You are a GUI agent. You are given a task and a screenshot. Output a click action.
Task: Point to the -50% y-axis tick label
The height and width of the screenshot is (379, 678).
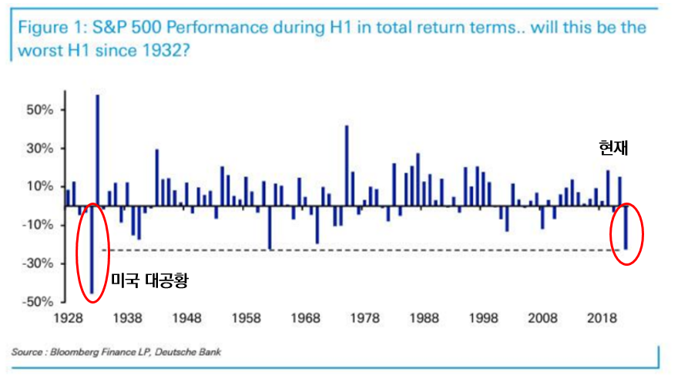(39, 302)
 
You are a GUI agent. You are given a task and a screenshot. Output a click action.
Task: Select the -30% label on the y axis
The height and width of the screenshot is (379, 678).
(39, 263)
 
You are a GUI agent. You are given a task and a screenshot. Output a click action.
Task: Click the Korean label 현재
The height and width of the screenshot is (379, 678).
(614, 148)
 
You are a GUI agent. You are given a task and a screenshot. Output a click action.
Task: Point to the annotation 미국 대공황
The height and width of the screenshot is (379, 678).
(149, 281)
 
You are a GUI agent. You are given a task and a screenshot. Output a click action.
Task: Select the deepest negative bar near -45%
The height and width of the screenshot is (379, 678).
(92, 250)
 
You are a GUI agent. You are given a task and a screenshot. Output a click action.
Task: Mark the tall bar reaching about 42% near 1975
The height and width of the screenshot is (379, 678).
(347, 166)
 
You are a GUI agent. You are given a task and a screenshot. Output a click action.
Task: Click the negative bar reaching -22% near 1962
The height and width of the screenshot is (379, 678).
(270, 228)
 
